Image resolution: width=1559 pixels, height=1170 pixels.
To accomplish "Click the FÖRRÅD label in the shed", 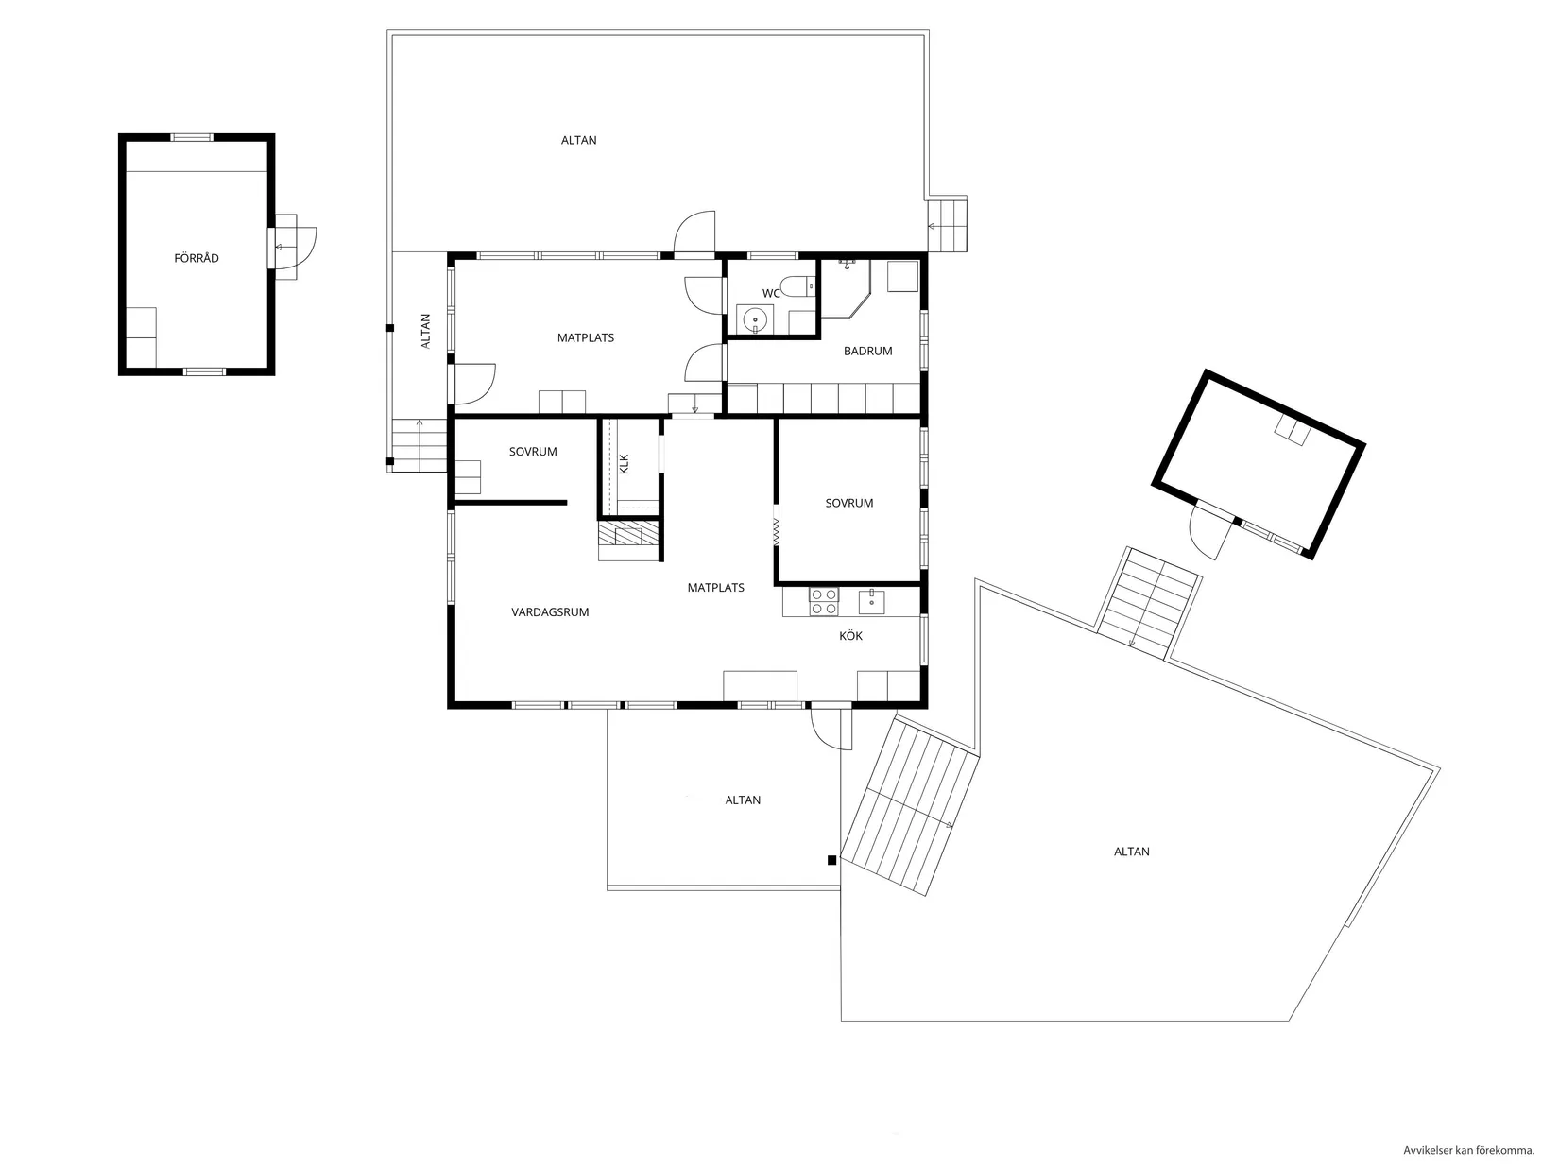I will tap(197, 258).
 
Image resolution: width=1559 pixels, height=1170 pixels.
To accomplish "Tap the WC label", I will tap(771, 293).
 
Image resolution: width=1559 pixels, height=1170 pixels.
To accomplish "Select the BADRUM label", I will tap(867, 351).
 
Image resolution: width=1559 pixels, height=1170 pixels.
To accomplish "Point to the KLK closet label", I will tap(624, 463).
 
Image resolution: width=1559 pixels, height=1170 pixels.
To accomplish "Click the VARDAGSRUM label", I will tap(550, 612).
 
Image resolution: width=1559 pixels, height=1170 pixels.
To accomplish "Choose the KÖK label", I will tap(850, 636).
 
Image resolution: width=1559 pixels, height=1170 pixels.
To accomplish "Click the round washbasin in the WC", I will tap(754, 321).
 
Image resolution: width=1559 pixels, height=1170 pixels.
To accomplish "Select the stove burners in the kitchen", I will tap(824, 601).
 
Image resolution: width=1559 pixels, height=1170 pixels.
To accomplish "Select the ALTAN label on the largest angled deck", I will tap(1131, 852).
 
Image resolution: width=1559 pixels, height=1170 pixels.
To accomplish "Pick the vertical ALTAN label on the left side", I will tap(425, 332).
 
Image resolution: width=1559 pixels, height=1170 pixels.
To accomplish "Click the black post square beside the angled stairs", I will tap(831, 860).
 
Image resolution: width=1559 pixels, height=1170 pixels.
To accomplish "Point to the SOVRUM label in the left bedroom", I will tap(533, 452).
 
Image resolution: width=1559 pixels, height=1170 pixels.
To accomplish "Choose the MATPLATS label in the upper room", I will tap(585, 337).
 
